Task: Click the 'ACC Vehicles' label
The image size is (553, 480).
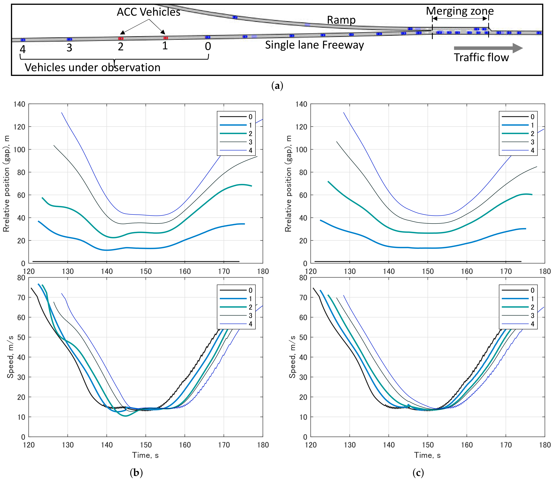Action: [148, 12]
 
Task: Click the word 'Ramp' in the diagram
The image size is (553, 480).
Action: [341, 20]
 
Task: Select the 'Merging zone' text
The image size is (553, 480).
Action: [460, 11]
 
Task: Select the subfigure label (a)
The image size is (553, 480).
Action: [277, 86]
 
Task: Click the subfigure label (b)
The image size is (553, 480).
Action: [136, 473]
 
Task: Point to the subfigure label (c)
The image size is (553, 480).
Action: [418, 473]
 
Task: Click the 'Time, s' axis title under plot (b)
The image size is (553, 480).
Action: [146, 455]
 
